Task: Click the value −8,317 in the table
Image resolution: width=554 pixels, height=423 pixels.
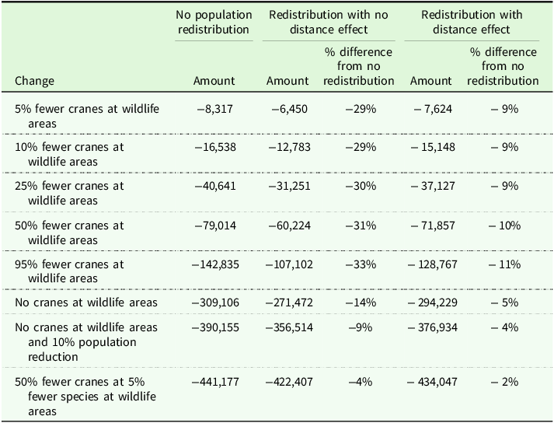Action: pyautogui.click(x=214, y=109)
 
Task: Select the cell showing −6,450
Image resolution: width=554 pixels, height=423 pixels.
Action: pyautogui.click(x=289, y=109)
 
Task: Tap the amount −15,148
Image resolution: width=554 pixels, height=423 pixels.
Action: pyautogui.click(x=433, y=147)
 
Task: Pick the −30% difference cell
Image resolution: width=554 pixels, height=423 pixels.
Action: pyautogui.click(x=361, y=186)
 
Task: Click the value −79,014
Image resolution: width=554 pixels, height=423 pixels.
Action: pyautogui.click(x=215, y=225)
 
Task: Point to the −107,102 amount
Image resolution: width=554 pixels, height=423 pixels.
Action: pyautogui.click(x=289, y=264)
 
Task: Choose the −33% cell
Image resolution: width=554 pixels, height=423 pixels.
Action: pyautogui.click(x=361, y=264)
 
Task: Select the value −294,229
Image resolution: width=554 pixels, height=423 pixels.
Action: pyautogui.click(x=433, y=302)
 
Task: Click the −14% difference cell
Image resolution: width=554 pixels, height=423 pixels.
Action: pyautogui.click(x=361, y=302)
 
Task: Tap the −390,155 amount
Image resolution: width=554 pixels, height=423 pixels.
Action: pyautogui.click(x=215, y=327)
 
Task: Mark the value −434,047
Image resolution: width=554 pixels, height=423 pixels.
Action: pyautogui.click(x=433, y=382)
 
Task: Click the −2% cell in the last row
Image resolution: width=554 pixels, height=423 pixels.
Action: pyautogui.click(x=504, y=382)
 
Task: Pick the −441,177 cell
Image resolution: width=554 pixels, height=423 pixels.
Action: pyautogui.click(x=215, y=382)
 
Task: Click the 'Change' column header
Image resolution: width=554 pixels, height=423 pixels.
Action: pyautogui.click(x=35, y=81)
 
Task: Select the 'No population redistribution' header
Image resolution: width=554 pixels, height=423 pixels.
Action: pyautogui.click(x=214, y=22)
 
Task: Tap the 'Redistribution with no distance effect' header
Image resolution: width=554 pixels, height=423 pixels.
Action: pyautogui.click(x=329, y=22)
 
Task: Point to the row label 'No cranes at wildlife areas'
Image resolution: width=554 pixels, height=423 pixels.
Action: pyautogui.click(x=86, y=302)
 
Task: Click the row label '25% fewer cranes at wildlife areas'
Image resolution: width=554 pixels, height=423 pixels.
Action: pyautogui.click(x=69, y=193)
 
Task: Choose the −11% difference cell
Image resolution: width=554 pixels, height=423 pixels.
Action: pyautogui.click(x=504, y=264)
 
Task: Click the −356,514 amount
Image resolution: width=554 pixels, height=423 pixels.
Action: pyautogui.click(x=289, y=327)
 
